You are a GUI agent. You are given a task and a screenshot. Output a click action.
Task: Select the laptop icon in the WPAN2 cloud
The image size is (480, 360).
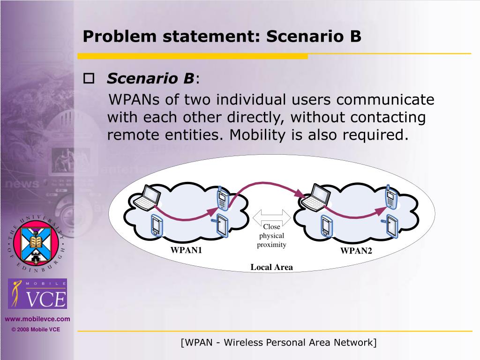[x=314, y=197]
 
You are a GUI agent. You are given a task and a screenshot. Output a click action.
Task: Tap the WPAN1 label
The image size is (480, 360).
[x=186, y=250]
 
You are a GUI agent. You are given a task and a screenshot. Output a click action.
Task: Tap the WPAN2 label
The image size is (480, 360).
[x=356, y=251]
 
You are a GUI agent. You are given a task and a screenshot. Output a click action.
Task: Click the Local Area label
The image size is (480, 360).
[x=271, y=268]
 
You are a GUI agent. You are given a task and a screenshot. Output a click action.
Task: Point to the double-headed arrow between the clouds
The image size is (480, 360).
[x=271, y=217]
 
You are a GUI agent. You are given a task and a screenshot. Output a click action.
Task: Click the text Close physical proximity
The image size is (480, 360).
[x=271, y=236]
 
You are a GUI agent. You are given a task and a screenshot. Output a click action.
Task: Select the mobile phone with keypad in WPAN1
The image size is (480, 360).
[x=222, y=198]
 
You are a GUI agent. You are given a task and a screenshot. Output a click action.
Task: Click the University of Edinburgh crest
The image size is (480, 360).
[x=36, y=243]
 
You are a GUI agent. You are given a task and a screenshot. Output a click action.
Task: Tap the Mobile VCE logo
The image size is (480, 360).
[x=38, y=294]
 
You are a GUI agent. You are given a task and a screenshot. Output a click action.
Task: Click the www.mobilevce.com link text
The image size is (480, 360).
[x=37, y=319]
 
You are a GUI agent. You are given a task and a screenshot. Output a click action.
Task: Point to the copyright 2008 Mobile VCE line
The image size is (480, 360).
[x=36, y=330]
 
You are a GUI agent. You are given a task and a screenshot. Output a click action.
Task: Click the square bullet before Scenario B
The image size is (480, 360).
[x=89, y=78]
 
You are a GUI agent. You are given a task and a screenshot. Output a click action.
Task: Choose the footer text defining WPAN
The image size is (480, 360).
[x=278, y=343]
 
